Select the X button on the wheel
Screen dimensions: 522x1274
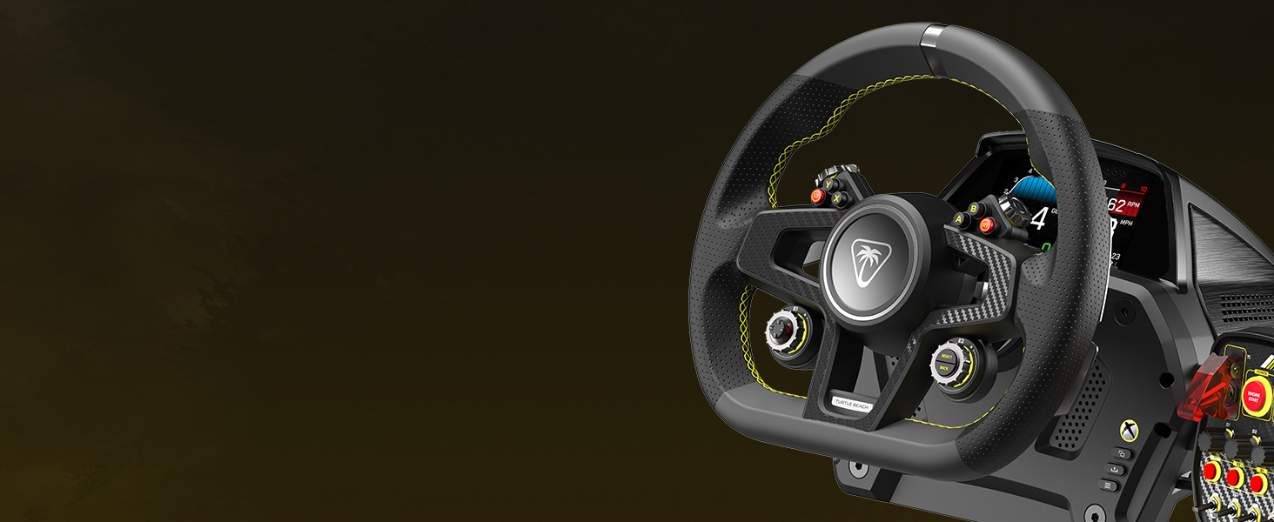click(x=837, y=198)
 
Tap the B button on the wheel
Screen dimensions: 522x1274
click(x=973, y=209)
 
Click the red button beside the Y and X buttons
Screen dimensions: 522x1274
click(x=818, y=197)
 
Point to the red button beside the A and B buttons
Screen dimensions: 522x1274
click(x=986, y=225)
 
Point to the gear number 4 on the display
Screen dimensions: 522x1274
click(x=1038, y=217)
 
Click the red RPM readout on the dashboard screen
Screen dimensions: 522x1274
click(x=1121, y=205)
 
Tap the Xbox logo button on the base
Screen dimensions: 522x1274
click(x=1129, y=430)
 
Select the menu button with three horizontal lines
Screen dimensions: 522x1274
click(x=1111, y=484)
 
